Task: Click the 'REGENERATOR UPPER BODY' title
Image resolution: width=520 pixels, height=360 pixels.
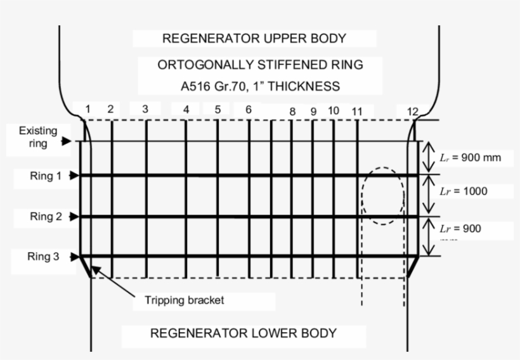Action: [x=254, y=38]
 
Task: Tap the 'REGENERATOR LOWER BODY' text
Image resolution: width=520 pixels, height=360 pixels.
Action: [x=243, y=333]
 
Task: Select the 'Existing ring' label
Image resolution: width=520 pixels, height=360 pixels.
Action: [x=37, y=137]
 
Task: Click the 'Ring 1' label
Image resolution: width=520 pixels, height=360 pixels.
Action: [x=46, y=176]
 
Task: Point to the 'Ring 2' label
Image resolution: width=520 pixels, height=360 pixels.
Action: [x=46, y=217]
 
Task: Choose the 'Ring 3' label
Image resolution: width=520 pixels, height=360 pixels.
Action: [x=46, y=257]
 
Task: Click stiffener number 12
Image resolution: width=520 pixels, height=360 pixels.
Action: [x=413, y=112]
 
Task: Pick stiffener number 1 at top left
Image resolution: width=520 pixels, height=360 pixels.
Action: [x=88, y=109]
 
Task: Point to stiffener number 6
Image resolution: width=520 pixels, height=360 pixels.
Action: [x=249, y=109]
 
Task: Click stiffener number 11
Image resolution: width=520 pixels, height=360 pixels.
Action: [x=357, y=112]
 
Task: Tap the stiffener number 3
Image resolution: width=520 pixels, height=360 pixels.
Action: [x=145, y=109]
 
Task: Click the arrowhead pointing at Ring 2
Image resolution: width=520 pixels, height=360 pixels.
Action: [x=74, y=217]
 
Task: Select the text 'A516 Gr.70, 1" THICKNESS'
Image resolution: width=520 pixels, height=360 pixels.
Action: [x=260, y=86]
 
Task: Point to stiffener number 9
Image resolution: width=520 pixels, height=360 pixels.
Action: [x=313, y=112]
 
